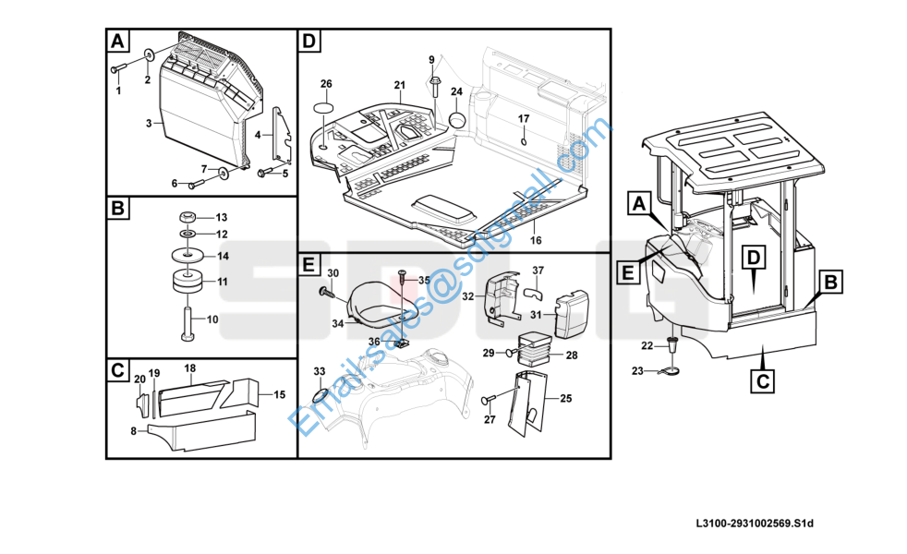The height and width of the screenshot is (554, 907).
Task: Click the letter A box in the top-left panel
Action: coord(117,41)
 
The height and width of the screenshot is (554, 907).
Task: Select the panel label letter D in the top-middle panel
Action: coord(309,41)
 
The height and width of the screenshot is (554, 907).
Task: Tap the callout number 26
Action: coord(326,84)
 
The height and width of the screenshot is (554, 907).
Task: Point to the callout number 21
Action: coord(399,85)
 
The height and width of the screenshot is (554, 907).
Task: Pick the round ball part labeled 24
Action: coord(457,120)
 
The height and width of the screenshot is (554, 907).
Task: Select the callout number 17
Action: coord(523,118)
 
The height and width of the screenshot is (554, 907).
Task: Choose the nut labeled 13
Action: coord(187,217)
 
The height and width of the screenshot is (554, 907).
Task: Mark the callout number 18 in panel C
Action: coord(189,367)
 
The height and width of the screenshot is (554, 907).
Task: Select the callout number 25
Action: coord(566,399)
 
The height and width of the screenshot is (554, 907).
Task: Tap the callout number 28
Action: coord(571,355)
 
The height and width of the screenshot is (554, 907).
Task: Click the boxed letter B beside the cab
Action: coord(830,283)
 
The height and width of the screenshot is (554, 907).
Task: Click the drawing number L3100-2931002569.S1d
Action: coord(755,524)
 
